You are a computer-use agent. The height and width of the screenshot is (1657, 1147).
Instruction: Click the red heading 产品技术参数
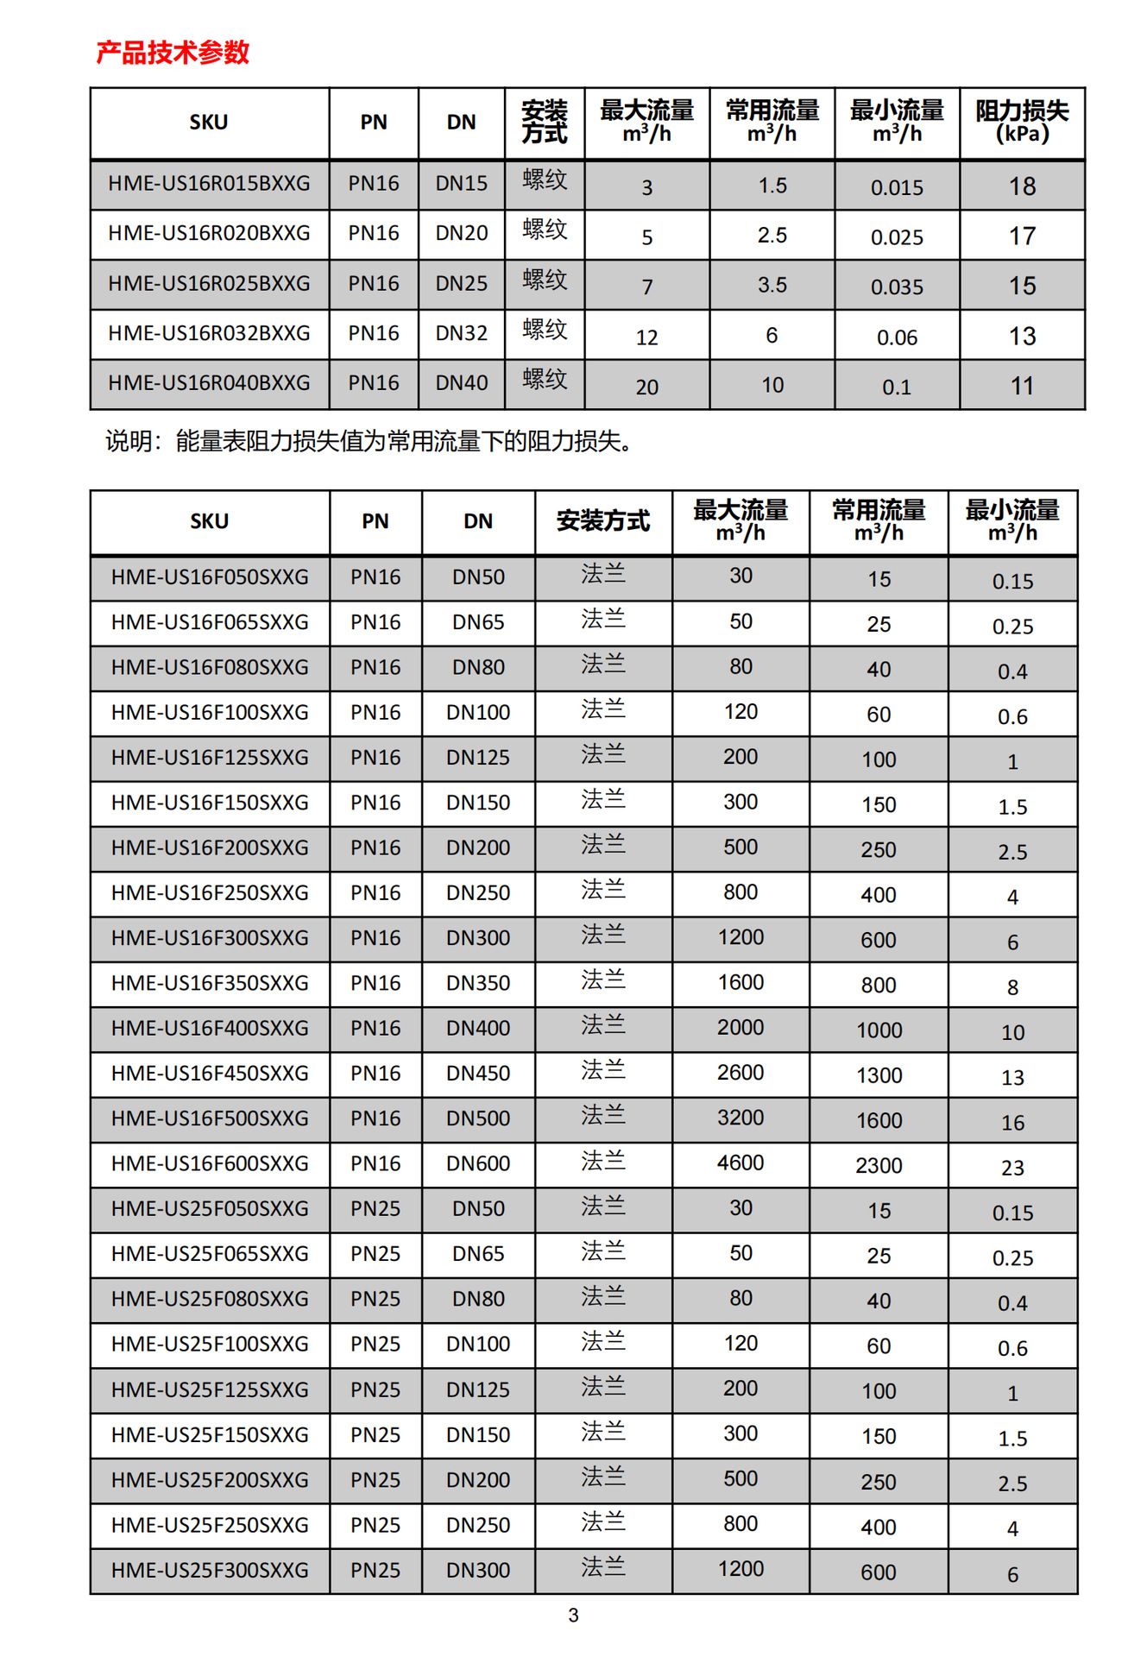coord(173,53)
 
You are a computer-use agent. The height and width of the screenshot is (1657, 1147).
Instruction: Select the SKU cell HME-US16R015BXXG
coord(209,184)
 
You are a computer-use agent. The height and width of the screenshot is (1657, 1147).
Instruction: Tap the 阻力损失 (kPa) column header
coord(1022,122)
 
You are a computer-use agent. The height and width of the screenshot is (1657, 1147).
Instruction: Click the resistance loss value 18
coord(1022,186)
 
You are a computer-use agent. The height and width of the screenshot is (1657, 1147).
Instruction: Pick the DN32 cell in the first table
coord(461,333)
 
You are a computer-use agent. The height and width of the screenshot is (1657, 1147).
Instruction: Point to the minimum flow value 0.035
coord(897,287)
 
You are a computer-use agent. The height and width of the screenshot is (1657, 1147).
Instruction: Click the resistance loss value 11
coord(1022,386)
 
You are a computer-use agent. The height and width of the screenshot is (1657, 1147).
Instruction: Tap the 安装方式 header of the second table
coord(602,521)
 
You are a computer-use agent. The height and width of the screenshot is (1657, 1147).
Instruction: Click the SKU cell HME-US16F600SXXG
coord(210,1163)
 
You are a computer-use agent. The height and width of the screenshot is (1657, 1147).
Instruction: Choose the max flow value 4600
coord(741,1162)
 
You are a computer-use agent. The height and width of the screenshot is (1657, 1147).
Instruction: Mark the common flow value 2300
coord(879,1166)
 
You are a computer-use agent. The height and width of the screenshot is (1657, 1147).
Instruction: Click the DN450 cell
coord(478,1074)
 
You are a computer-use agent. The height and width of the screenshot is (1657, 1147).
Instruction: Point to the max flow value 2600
coord(741,1072)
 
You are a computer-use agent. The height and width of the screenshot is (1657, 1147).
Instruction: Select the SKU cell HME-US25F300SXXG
coord(210,1570)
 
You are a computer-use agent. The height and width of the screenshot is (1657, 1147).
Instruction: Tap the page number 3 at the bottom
coord(573,1616)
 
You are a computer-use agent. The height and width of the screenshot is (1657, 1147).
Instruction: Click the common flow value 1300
coord(879,1075)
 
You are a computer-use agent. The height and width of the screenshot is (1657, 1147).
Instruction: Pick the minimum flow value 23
coord(1012,1168)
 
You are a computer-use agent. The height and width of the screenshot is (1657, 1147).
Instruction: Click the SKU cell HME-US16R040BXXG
coord(209,383)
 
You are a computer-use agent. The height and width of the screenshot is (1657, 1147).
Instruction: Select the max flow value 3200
coord(741,1118)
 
